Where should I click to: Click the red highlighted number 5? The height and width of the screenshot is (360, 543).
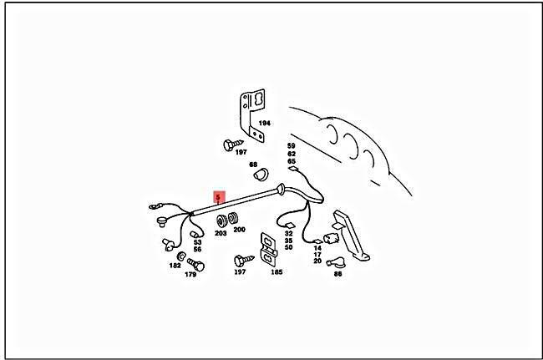point(218,198)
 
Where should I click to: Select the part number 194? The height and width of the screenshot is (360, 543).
point(264,123)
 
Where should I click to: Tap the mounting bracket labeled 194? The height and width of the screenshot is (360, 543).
point(252,115)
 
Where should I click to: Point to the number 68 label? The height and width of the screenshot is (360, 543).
point(253,165)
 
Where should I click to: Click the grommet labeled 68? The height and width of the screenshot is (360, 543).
point(261,175)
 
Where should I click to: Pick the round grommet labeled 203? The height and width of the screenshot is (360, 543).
point(221,221)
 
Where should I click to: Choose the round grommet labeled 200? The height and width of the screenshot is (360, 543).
point(233,218)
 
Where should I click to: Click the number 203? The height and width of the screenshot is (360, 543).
point(221,233)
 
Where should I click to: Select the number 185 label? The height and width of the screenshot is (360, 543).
point(277,272)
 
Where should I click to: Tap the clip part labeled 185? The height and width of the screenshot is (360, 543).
point(269,249)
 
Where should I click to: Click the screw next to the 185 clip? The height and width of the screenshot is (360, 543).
point(244,261)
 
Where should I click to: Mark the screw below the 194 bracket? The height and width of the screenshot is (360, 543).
point(233,145)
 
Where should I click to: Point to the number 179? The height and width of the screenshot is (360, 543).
point(190,275)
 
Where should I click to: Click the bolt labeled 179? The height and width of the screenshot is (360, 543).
point(196,265)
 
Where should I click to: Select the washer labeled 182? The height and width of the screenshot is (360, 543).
point(181,256)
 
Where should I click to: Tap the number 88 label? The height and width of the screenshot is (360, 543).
point(337,274)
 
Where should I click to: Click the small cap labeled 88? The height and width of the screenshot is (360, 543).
point(334,262)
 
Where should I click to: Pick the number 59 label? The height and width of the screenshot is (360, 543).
point(292,146)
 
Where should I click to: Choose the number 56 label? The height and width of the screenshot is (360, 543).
point(197,249)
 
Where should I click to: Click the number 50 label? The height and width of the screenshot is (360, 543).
point(288,247)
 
